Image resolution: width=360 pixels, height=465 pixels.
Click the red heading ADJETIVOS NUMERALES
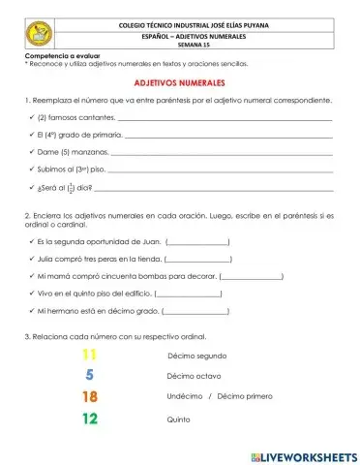point(180,84)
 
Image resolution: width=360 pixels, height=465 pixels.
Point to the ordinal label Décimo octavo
point(194,376)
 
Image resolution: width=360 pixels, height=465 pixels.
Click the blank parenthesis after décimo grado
point(196,313)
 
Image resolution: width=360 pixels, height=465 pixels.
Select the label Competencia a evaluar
point(56,57)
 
